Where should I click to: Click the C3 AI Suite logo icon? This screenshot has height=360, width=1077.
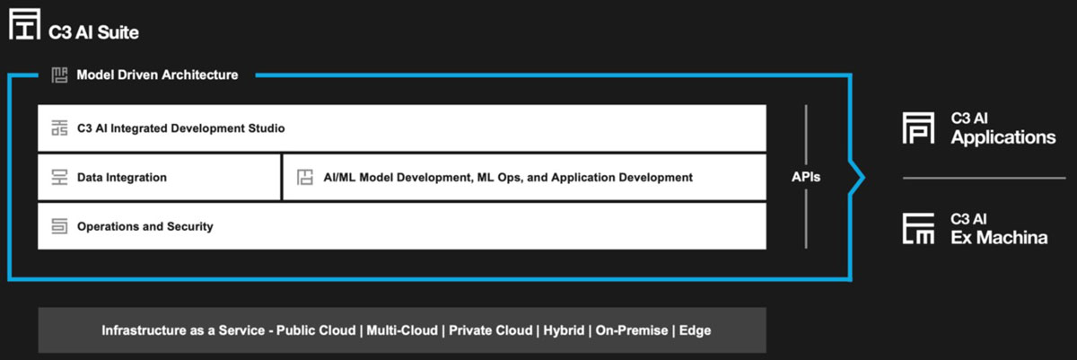24,23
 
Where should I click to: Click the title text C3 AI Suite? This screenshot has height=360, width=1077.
93,32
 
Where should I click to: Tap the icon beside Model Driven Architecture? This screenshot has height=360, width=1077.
59,75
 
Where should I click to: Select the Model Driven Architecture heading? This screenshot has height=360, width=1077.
157,75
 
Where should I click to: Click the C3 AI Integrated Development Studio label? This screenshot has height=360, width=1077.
180,128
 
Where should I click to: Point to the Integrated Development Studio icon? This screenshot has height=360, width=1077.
59,127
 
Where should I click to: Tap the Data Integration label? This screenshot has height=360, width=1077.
122,178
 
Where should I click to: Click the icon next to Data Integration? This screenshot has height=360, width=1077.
59,178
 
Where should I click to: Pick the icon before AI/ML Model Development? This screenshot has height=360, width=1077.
305,178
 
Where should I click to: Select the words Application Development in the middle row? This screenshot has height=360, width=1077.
622,178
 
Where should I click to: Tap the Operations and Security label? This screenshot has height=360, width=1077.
144,226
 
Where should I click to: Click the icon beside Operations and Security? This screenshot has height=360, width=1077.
59,226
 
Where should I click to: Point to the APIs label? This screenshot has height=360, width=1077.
806,177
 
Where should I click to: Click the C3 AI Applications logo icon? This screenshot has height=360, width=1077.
918,127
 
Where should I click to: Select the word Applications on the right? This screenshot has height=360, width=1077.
1003,137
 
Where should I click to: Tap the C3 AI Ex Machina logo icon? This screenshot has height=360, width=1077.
918,228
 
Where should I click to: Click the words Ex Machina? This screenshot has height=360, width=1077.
999,237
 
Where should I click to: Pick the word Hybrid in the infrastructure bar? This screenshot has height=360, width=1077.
564,330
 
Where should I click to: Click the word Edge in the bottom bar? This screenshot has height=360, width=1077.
695,330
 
